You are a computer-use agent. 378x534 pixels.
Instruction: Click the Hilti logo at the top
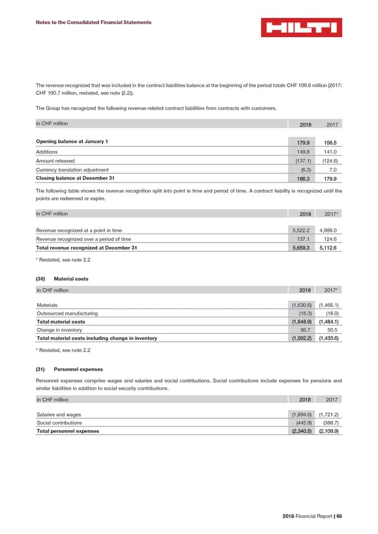tap(301, 28)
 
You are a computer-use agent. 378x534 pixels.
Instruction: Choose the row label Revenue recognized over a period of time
tap(84, 240)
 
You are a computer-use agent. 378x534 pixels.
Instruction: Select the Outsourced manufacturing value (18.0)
tap(333, 313)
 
